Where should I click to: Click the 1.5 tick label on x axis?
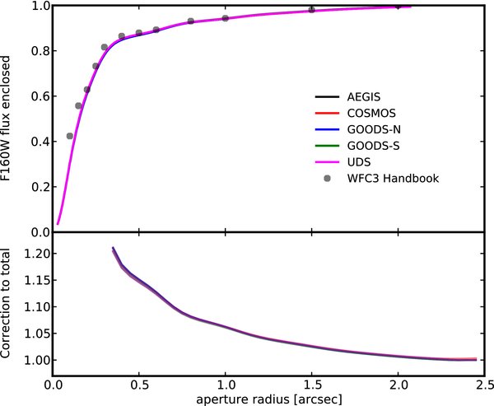click(311, 384)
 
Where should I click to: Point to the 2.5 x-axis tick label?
click(483, 384)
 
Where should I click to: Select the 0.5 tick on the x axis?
click(139, 384)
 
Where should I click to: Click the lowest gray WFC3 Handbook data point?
click(70, 136)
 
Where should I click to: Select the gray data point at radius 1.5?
click(311, 10)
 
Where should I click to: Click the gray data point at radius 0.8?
click(191, 21)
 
